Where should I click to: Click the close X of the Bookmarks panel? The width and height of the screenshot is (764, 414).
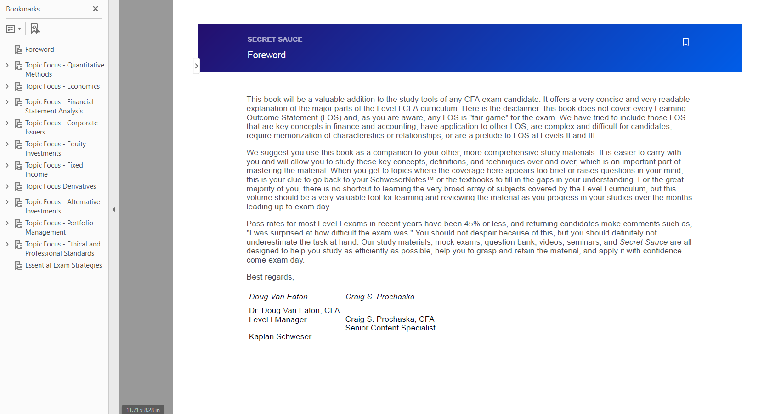96,9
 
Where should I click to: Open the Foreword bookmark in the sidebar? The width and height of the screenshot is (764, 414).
40,50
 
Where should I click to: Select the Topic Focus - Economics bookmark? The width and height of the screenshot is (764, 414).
62,86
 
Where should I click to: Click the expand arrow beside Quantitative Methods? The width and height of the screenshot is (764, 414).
7,65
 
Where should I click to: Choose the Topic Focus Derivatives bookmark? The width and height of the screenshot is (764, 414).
61,186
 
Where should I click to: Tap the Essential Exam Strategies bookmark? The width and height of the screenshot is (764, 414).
63,265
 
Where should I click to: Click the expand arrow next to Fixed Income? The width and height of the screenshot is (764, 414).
7,165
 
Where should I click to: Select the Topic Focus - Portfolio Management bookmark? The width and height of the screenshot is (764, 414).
59,228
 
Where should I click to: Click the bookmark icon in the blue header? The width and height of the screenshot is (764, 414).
685,42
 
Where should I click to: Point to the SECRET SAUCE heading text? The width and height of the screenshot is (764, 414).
275,39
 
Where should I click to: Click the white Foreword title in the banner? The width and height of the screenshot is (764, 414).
266,55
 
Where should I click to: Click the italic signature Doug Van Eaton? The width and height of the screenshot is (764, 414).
278,297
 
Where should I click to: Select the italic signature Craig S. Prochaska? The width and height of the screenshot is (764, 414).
380,297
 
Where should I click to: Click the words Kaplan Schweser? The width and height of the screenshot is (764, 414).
280,336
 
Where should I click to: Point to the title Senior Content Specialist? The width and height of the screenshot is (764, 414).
390,328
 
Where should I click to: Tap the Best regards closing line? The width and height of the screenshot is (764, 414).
270,277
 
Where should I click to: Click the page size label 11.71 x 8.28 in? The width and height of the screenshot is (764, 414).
143,410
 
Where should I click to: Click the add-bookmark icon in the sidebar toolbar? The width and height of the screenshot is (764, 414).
35,29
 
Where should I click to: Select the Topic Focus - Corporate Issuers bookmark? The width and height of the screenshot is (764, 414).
61,128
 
